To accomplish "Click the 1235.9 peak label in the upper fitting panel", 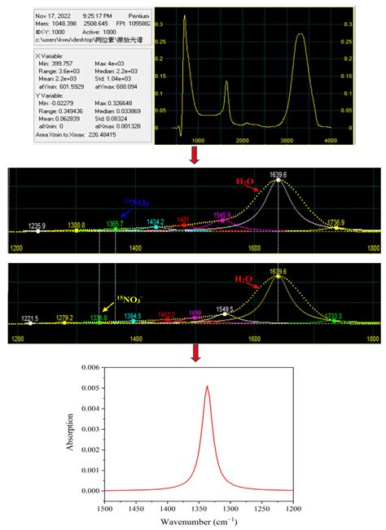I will click(37, 225).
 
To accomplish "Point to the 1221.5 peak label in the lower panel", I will click(29, 318).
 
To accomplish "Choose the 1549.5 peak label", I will click(224, 309).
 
